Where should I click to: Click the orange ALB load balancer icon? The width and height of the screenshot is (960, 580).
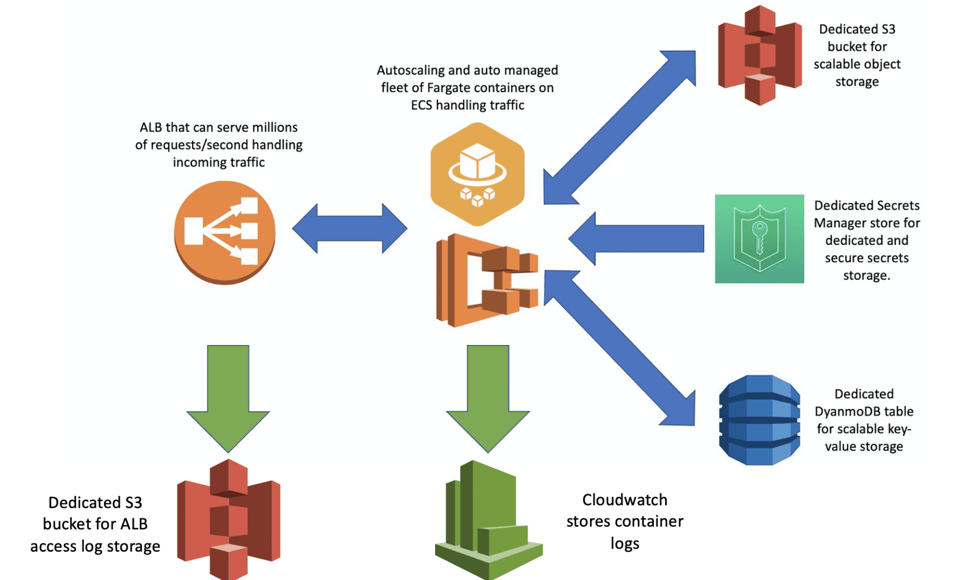click(x=224, y=233)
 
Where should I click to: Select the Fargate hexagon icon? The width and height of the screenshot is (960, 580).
click(x=477, y=174)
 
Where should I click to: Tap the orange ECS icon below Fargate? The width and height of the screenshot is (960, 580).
click(x=486, y=280)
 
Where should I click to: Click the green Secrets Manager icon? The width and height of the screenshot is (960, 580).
click(x=759, y=239)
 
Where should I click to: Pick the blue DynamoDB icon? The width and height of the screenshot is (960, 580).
click(x=759, y=420)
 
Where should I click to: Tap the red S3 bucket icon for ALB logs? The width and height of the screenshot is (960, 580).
click(x=229, y=519)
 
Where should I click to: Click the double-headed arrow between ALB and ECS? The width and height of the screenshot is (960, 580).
click(x=350, y=228)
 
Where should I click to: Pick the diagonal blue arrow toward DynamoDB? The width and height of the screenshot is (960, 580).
click(x=620, y=348)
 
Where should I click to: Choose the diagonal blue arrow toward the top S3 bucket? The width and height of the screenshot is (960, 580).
click(x=620, y=127)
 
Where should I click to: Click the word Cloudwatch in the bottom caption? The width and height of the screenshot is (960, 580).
click(x=624, y=500)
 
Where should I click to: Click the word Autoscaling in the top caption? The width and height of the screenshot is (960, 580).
click(x=410, y=71)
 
